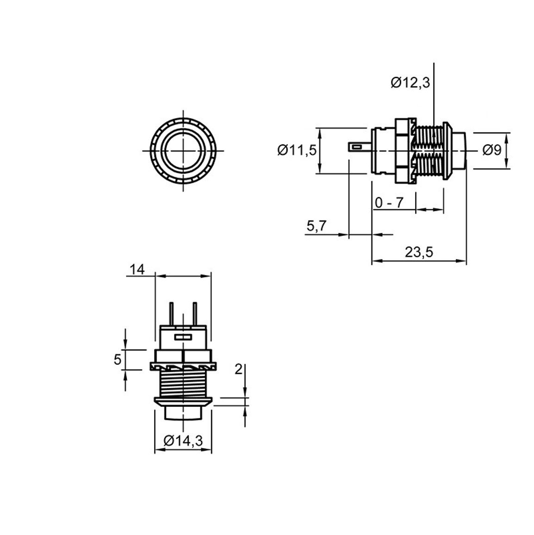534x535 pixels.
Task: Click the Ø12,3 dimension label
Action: [x=410, y=83]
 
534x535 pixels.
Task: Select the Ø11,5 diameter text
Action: [x=297, y=150]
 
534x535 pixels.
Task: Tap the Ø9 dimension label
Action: [x=492, y=150]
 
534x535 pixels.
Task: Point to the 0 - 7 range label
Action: [x=389, y=203]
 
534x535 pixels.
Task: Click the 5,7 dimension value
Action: [x=317, y=226]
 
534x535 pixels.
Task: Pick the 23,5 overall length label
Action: [x=419, y=253]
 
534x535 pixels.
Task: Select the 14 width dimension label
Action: [x=137, y=269]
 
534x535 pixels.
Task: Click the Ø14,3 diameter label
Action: [x=183, y=441]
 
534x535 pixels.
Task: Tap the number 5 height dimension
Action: [x=118, y=360]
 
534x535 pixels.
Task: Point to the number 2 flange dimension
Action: [x=238, y=369]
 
